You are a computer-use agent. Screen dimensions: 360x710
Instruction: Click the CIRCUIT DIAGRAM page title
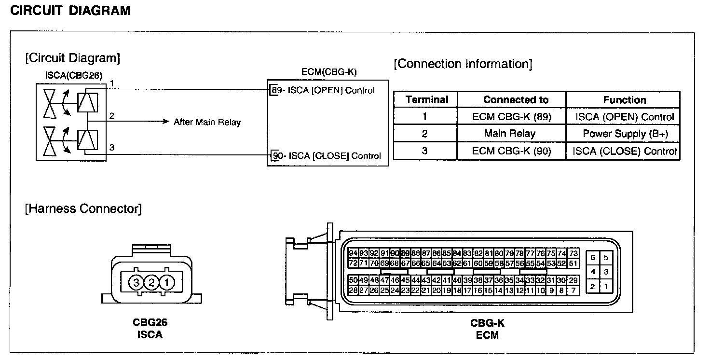click(70, 11)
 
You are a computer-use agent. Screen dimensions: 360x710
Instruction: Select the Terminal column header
click(427, 100)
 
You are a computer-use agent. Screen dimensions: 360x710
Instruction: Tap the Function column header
click(624, 100)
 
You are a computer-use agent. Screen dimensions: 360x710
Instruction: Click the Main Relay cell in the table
click(510, 134)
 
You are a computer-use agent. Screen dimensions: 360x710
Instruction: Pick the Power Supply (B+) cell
click(625, 134)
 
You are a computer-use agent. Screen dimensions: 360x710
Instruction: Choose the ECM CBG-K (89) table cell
click(511, 117)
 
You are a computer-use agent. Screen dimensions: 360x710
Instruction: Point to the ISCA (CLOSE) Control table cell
click(625, 151)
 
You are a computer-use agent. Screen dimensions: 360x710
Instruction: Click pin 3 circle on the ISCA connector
click(137, 282)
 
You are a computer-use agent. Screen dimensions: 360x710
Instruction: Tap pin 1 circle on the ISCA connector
click(166, 282)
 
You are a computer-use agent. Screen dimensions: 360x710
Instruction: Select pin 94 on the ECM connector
click(353, 253)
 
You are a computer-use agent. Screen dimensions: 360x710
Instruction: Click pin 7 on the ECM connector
click(573, 291)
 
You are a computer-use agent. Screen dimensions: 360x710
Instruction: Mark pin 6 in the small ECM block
click(593, 258)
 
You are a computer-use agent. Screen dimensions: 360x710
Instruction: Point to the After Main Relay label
click(207, 122)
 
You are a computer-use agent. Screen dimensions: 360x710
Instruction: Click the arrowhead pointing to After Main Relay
click(167, 122)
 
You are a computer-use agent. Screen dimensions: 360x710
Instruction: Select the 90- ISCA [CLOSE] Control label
click(326, 155)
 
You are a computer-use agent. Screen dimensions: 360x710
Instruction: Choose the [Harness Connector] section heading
click(83, 209)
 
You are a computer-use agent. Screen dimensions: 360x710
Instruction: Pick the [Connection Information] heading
click(463, 64)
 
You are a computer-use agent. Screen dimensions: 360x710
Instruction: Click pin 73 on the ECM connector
click(573, 253)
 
